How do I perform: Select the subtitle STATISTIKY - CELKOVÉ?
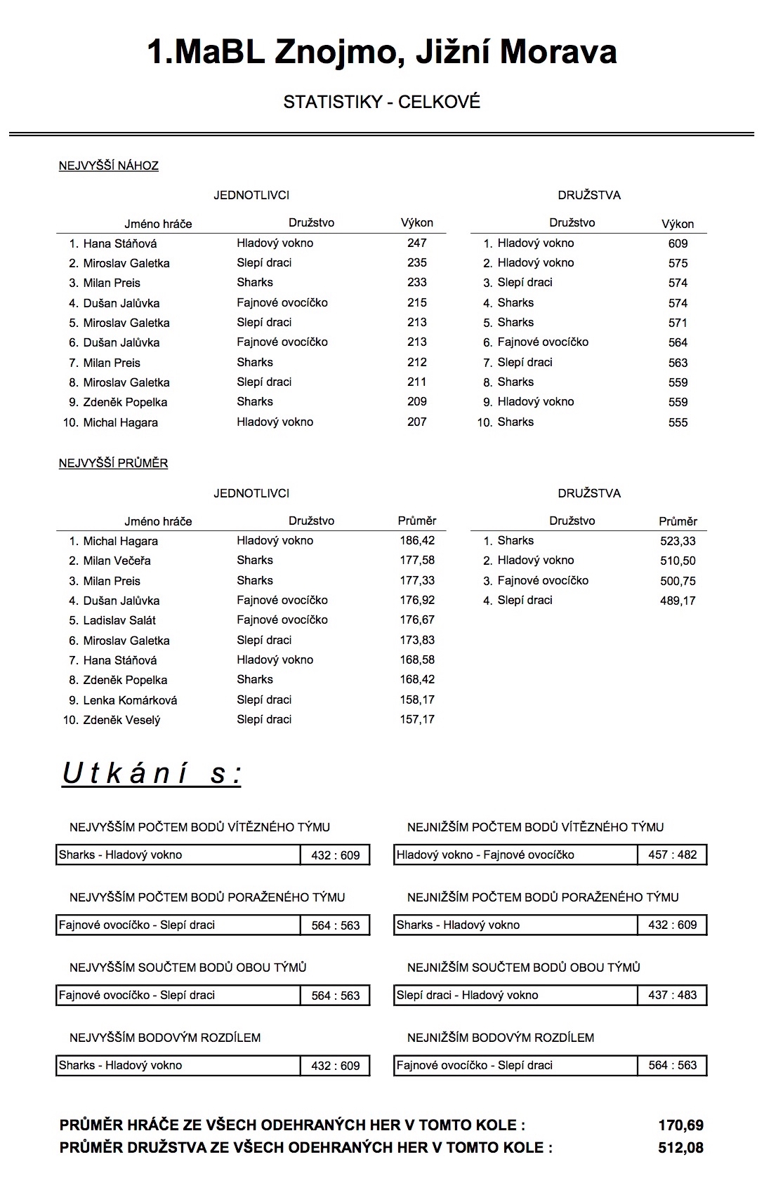click(x=381, y=102)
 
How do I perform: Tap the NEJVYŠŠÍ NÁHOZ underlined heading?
click(x=109, y=166)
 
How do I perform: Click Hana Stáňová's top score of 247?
click(x=416, y=243)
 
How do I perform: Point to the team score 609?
click(x=678, y=243)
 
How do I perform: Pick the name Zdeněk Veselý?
click(x=121, y=720)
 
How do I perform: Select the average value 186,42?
click(x=417, y=541)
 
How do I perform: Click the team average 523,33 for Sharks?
click(x=678, y=541)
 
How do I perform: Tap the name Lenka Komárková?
click(x=130, y=700)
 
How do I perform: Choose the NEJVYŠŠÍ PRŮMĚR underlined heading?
click(x=113, y=464)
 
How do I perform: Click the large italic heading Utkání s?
click(x=152, y=774)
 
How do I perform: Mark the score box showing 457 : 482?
click(x=672, y=855)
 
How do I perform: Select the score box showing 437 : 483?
click(x=672, y=995)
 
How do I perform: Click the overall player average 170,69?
click(x=680, y=1125)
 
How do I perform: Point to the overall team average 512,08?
click(x=680, y=1148)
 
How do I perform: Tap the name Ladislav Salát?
click(x=119, y=620)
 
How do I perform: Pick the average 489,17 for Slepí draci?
click(x=678, y=601)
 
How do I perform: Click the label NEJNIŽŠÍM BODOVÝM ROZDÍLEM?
click(x=501, y=1038)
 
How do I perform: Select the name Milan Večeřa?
click(x=117, y=561)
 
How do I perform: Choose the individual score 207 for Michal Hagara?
click(x=416, y=422)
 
